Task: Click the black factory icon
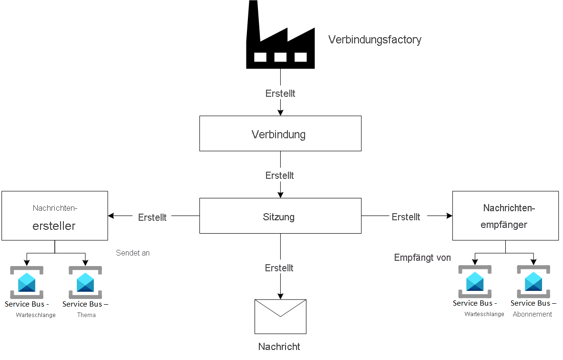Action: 280,38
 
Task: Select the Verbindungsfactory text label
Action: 375,40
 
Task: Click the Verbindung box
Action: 280,134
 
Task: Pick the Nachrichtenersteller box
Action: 54,216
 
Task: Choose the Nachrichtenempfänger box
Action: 505,216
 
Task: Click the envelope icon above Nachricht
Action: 280,317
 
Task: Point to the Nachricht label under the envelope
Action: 279,347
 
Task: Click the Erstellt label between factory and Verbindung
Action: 280,93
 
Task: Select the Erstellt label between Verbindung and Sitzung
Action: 280,175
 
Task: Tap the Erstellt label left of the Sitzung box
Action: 152,217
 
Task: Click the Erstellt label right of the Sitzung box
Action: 406,217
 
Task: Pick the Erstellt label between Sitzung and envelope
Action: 279,268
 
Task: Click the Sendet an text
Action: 133,253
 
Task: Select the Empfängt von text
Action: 422,258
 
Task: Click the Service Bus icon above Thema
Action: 85,282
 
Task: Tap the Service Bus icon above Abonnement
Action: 533,281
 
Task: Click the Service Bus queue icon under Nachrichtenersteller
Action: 27,282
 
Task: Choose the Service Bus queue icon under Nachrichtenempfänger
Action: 475,281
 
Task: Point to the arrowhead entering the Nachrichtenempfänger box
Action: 449,216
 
